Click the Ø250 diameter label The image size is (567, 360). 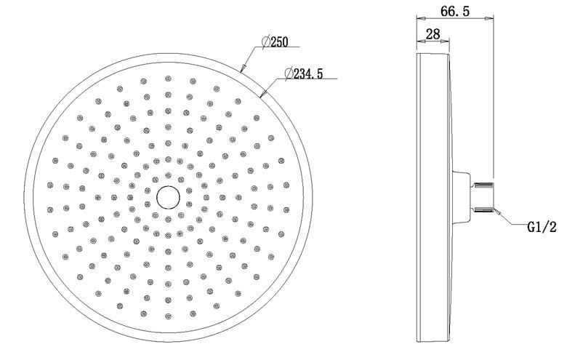coord(275,41)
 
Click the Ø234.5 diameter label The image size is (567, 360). coord(303,73)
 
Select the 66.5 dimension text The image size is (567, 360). coord(455,11)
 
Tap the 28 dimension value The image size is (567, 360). coord(433,34)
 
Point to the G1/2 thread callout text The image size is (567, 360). coord(542,227)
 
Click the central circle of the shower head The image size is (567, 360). coord(168,197)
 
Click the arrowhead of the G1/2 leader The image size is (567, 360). coord(496,211)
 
